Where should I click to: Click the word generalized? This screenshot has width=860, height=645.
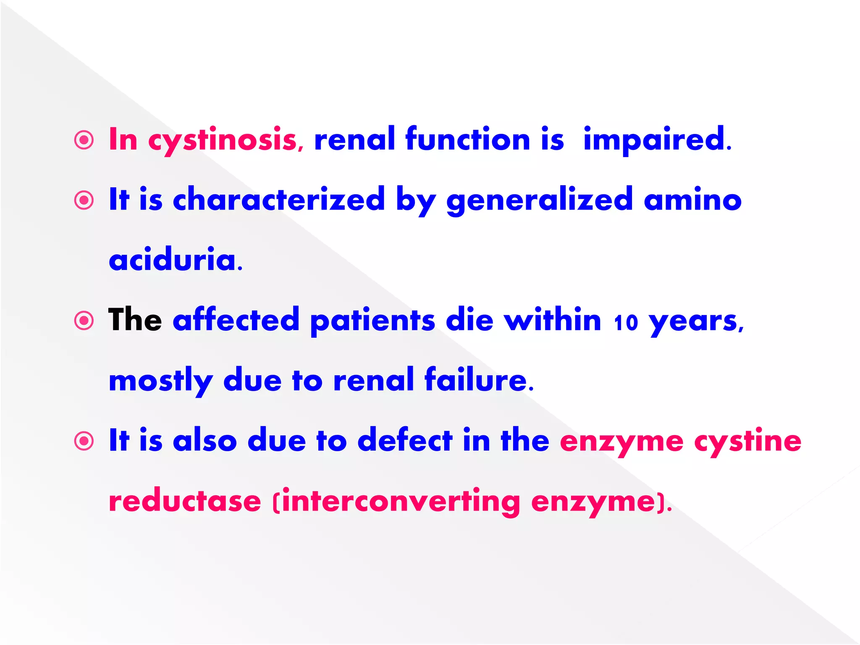[x=539, y=200]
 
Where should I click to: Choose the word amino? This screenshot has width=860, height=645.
[x=692, y=200]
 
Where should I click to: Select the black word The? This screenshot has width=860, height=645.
[x=135, y=320]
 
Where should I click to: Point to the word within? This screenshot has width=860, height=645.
[x=553, y=320]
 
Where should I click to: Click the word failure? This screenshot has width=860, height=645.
[x=479, y=380]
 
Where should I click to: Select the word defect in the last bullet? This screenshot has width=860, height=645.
[x=405, y=440]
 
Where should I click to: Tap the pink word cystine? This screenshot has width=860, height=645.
[x=748, y=441]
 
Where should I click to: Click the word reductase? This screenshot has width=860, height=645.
[x=185, y=501]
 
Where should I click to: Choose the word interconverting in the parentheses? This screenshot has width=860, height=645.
[x=401, y=502]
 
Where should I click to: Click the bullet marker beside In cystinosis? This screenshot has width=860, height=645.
[x=84, y=140]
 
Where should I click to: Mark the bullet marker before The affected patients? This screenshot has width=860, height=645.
[x=84, y=321]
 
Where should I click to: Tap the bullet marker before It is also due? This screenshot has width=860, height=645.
[x=84, y=441]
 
